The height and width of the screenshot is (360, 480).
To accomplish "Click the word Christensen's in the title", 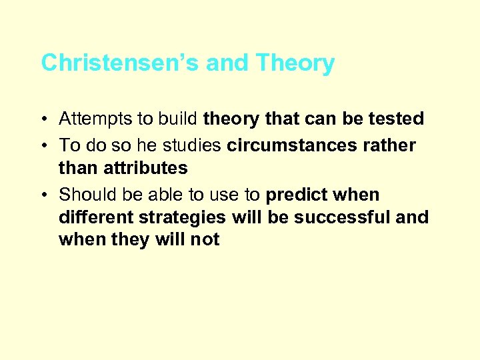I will (120, 63).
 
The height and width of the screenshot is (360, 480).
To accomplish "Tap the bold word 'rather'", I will (391, 145).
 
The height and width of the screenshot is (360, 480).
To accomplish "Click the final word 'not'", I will (205, 240).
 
